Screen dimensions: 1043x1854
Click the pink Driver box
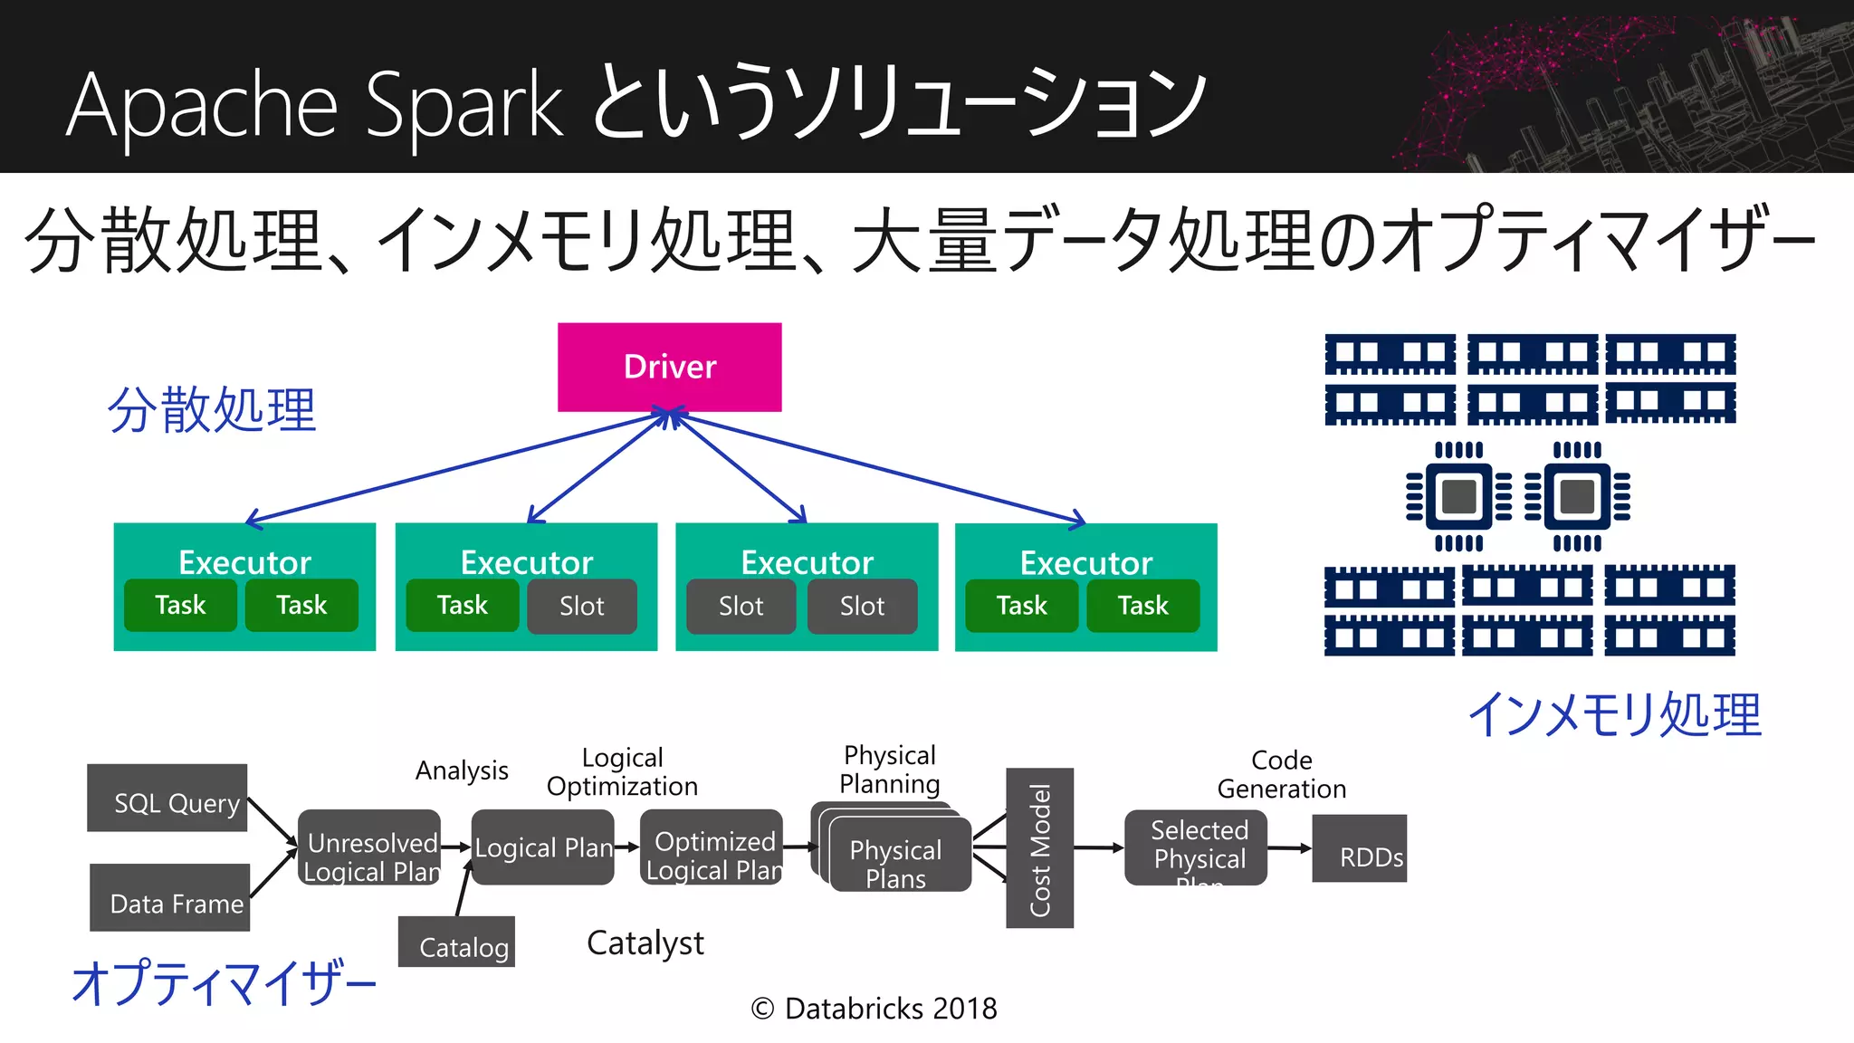pyautogui.click(x=669, y=367)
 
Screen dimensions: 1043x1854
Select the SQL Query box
pyautogui.click(x=167, y=798)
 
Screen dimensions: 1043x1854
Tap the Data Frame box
pyautogui.click(x=170, y=897)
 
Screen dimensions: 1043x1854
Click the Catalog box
pyautogui.click(x=457, y=942)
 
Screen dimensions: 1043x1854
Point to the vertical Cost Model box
pyautogui.click(x=1039, y=848)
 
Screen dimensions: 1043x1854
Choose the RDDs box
pyautogui.click(x=1360, y=848)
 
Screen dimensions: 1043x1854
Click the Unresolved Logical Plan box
pyautogui.click(x=369, y=848)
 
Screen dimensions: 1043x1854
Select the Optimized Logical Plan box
pyautogui.click(x=712, y=848)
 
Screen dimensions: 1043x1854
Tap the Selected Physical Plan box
pyautogui.click(x=1196, y=848)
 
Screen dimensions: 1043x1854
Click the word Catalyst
pyautogui.click(x=645, y=943)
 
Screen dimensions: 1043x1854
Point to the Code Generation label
pyautogui.click(x=1281, y=774)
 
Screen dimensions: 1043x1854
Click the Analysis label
pyautogui.click(x=462, y=770)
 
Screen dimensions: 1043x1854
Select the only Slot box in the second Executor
pyautogui.click(x=582, y=606)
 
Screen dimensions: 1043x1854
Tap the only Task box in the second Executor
pyautogui.click(x=463, y=606)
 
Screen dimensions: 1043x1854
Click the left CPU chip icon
pyautogui.click(x=1458, y=496)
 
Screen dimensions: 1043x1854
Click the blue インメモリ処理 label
pyautogui.click(x=1614, y=714)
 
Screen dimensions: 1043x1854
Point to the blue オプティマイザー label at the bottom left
pyautogui.click(x=224, y=983)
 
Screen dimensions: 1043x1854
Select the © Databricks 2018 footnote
pyautogui.click(x=874, y=1009)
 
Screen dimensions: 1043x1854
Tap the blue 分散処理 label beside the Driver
pyautogui.click(x=212, y=409)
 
